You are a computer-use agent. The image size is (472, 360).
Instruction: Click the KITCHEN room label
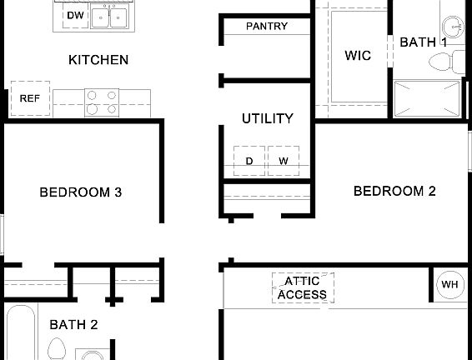click(x=98, y=60)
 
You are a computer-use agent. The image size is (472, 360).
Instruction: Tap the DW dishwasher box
click(x=75, y=15)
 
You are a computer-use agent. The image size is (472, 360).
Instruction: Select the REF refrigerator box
click(x=29, y=98)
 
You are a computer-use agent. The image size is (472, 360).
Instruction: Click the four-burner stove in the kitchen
click(x=101, y=102)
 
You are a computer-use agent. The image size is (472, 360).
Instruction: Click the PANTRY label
click(x=267, y=27)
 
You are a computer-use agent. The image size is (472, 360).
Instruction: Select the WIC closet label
click(x=358, y=56)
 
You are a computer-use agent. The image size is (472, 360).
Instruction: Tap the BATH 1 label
click(x=423, y=42)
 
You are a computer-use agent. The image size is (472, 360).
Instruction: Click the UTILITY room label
click(x=267, y=118)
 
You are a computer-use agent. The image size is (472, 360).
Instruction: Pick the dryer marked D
click(x=249, y=161)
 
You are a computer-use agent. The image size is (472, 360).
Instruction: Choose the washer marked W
click(x=284, y=161)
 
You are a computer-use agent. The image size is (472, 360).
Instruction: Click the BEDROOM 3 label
click(x=81, y=192)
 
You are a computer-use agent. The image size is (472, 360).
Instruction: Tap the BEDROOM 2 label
click(x=395, y=191)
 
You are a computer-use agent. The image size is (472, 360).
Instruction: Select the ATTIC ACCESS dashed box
click(x=303, y=287)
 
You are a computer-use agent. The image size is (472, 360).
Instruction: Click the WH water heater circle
click(x=449, y=285)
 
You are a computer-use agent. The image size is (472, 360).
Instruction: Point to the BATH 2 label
click(x=73, y=325)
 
